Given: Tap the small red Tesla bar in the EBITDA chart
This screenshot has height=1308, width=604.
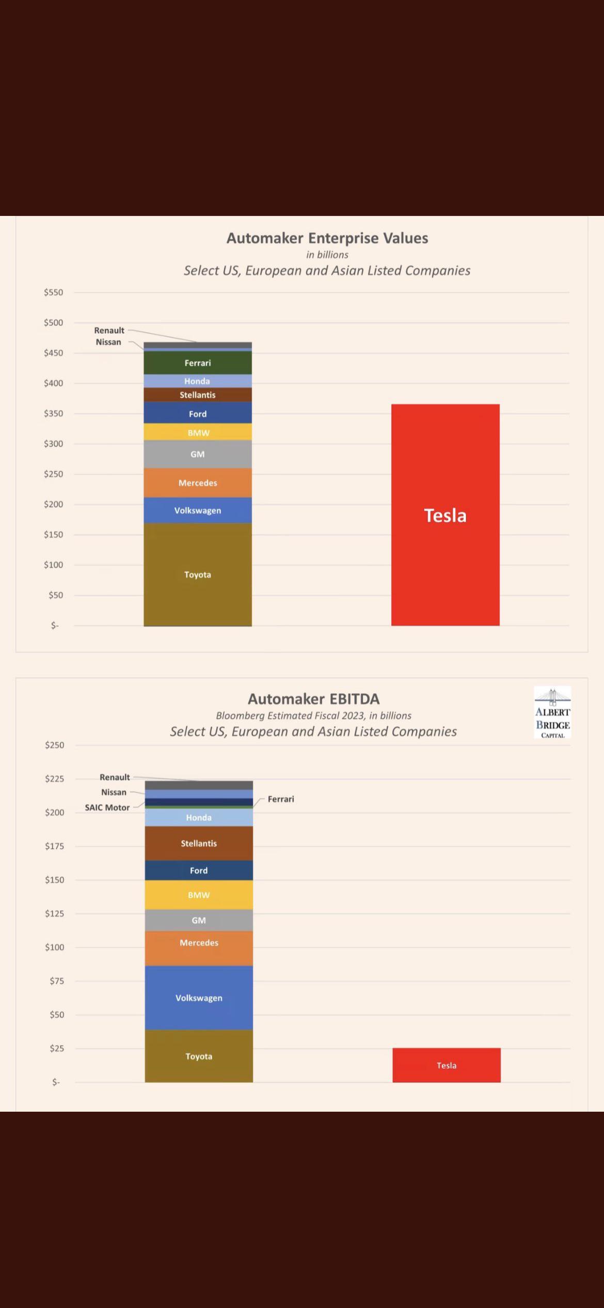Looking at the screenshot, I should (x=446, y=1065).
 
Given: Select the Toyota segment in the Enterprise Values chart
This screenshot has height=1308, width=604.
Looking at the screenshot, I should (x=198, y=574).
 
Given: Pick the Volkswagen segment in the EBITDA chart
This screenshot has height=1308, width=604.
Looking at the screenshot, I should (x=199, y=998).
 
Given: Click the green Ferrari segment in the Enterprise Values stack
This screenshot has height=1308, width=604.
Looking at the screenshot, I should (x=198, y=363).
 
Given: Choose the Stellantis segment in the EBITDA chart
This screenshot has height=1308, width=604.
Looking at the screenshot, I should (x=199, y=843).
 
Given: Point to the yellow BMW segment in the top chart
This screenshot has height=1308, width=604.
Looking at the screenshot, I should (x=198, y=432).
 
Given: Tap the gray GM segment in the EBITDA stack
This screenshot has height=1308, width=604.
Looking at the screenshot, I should (x=199, y=920).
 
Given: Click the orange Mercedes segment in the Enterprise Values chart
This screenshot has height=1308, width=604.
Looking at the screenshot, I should (x=198, y=482).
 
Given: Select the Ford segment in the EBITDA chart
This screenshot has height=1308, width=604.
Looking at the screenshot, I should (x=199, y=870).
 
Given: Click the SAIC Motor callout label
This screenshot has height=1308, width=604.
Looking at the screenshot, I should (x=107, y=807).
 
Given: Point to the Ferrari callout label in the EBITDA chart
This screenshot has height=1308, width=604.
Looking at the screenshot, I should (x=281, y=799).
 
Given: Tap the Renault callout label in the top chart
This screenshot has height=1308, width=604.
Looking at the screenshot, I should (x=109, y=330).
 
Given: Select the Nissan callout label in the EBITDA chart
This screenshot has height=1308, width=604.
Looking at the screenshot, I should (x=114, y=792).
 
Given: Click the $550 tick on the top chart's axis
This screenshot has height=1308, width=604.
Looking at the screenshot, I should (x=53, y=292).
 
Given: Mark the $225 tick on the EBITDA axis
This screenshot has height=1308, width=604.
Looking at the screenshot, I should (x=54, y=778).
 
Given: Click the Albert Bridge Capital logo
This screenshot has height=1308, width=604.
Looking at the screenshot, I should (x=552, y=712).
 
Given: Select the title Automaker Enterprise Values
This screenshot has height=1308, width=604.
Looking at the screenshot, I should (x=327, y=238).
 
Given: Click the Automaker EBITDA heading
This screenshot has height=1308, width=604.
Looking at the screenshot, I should (x=313, y=699).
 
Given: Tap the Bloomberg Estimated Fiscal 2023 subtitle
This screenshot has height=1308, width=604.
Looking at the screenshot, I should (x=313, y=715).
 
